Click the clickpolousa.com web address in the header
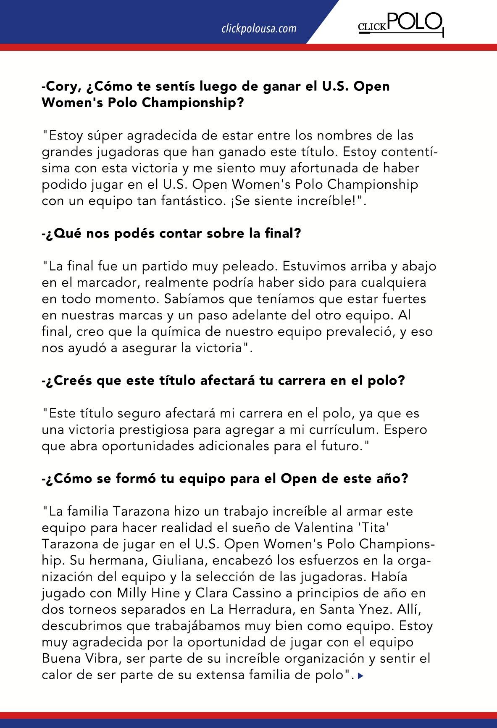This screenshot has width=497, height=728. click(x=259, y=29)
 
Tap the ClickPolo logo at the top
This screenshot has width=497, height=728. click(x=400, y=24)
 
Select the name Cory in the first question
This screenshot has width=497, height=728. click(x=63, y=86)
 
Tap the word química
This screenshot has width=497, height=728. click(x=175, y=332)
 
